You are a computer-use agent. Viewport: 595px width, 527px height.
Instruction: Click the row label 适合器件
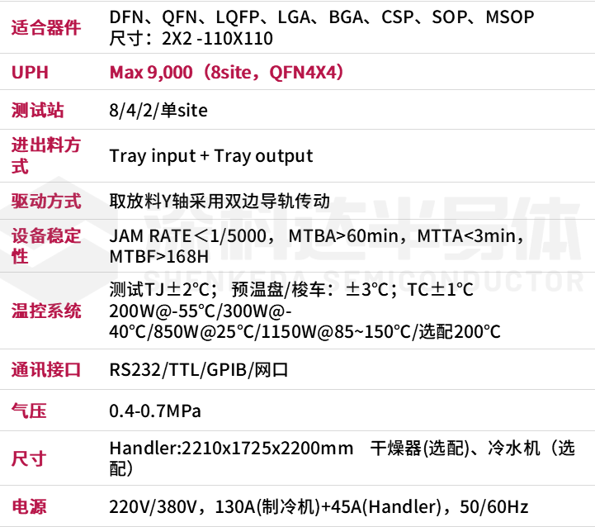click(x=46, y=27)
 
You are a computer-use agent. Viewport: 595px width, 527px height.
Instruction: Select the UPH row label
click(x=30, y=72)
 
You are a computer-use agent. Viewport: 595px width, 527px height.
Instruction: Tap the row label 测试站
click(x=37, y=110)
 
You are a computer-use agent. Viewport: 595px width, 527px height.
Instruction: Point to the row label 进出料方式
click(x=45, y=155)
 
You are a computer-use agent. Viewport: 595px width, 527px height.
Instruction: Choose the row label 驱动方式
click(x=46, y=201)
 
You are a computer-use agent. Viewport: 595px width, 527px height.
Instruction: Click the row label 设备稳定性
click(x=45, y=245)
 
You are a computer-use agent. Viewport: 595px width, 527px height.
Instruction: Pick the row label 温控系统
click(x=46, y=311)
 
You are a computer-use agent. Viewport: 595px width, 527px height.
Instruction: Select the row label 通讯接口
click(x=46, y=369)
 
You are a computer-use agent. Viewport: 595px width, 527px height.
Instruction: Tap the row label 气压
click(x=29, y=411)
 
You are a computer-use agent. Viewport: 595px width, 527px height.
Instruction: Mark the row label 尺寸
click(x=29, y=458)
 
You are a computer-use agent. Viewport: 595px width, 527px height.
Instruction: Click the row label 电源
click(x=29, y=506)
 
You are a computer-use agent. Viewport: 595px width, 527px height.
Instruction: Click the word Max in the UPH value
click(x=125, y=72)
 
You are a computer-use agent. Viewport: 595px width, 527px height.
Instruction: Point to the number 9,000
click(x=169, y=72)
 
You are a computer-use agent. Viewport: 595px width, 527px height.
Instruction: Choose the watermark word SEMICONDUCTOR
click(x=453, y=280)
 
